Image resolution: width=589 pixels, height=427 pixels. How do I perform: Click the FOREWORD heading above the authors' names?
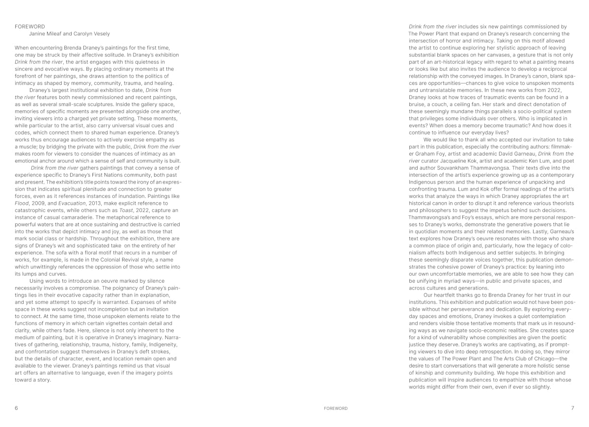click(x=29, y=27)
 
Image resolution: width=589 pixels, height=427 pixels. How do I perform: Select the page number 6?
click(x=16, y=408)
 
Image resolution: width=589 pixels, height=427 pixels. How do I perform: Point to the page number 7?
click(x=572, y=408)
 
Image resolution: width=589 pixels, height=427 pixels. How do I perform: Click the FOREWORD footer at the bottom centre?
click(x=336, y=408)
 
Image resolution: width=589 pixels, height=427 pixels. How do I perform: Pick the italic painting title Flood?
click(x=23, y=203)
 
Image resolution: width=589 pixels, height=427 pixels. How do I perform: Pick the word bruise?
click(x=419, y=105)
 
